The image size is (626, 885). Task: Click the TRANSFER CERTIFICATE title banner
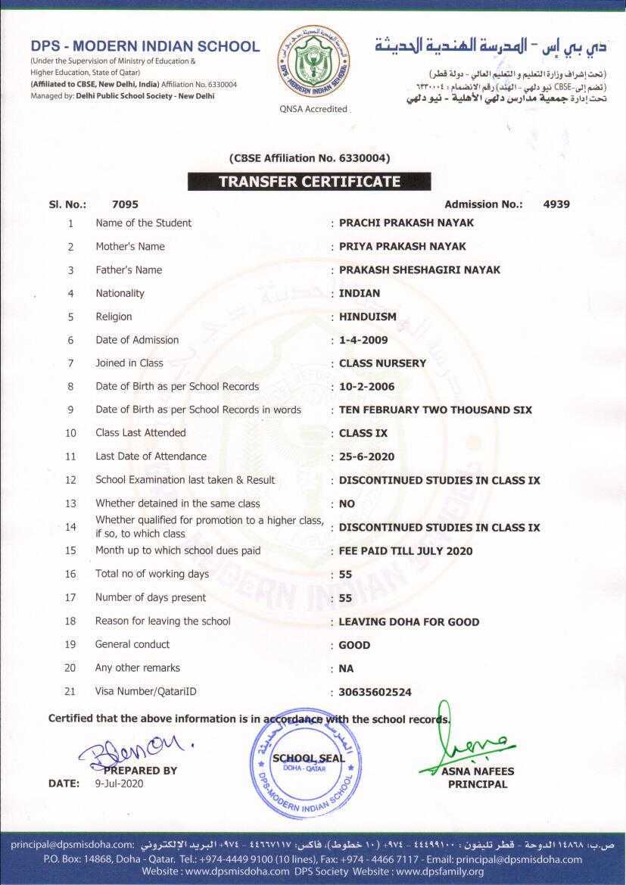pos(309,182)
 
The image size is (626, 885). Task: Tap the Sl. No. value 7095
pos(125,204)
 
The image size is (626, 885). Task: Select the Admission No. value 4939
pos(556,204)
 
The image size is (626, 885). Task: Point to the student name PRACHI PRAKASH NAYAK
pos(406,223)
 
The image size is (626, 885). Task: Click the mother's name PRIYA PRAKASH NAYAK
pos(402,246)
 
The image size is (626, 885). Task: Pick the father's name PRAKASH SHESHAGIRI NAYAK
pos(419,270)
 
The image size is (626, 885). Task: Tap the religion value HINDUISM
pos(368,316)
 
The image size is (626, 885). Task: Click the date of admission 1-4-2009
pos(363,340)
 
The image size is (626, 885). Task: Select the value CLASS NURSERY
pos(382,363)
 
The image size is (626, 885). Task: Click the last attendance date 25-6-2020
pos(366,457)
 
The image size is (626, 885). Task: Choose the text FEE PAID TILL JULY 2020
pos(406,551)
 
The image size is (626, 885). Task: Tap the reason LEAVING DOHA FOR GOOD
pos(409,622)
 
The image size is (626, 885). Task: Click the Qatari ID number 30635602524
pos(375,692)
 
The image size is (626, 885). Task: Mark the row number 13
pos(71,503)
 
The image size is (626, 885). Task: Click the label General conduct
pos(132,644)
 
